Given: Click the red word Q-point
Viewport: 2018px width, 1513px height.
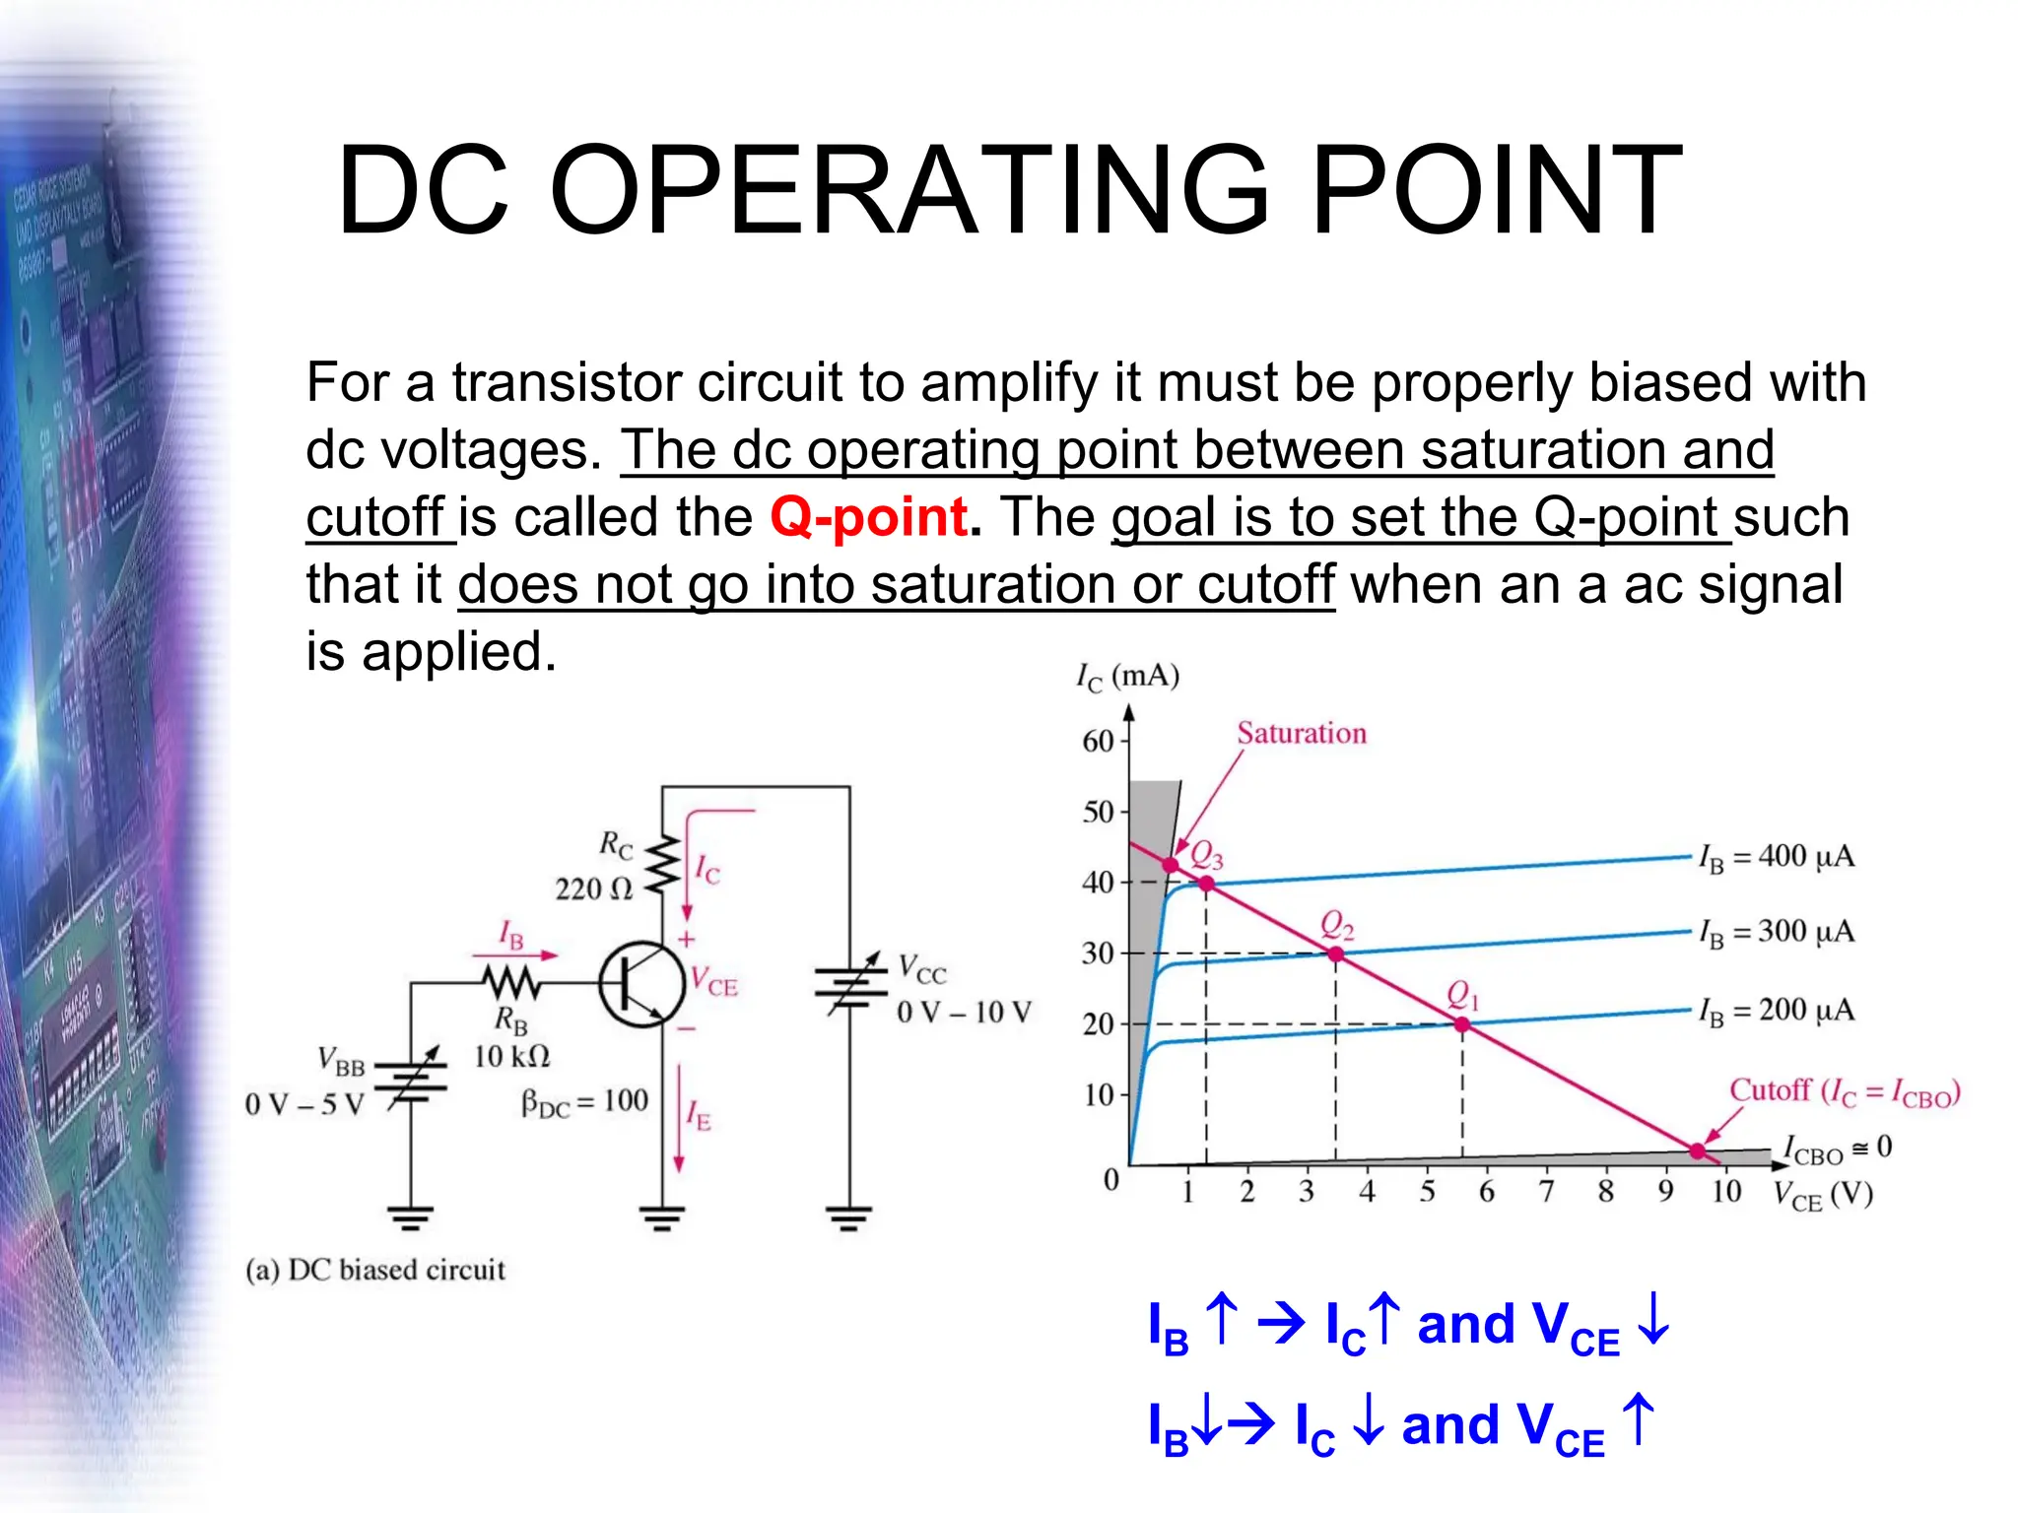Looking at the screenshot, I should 868,517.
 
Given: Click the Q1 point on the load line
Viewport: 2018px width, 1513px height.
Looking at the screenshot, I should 1462,1024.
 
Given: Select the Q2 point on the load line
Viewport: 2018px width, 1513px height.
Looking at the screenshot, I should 1336,954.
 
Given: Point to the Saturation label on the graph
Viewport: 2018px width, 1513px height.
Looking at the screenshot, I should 1302,733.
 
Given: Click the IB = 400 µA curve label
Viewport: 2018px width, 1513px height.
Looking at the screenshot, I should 1776,857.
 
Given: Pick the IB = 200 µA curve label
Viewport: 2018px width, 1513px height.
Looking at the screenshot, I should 1776,1011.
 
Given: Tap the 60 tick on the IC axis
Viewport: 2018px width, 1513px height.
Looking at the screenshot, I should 1098,741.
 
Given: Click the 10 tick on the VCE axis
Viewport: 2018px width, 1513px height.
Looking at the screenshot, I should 1725,1192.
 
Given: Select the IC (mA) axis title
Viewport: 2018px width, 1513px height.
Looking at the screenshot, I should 1127,678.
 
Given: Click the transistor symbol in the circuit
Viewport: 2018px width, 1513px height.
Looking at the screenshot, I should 641,983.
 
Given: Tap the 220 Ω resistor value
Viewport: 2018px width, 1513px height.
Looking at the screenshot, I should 593,889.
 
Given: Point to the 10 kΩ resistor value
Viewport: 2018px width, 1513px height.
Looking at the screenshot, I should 511,1057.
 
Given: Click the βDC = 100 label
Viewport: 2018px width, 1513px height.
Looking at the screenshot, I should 584,1102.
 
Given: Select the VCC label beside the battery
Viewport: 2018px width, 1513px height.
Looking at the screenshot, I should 922,970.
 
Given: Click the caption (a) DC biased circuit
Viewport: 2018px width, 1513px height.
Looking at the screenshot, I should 375,1270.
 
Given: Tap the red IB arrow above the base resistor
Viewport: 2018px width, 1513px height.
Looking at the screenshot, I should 515,954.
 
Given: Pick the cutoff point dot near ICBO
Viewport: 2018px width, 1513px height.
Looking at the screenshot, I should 1697,1151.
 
